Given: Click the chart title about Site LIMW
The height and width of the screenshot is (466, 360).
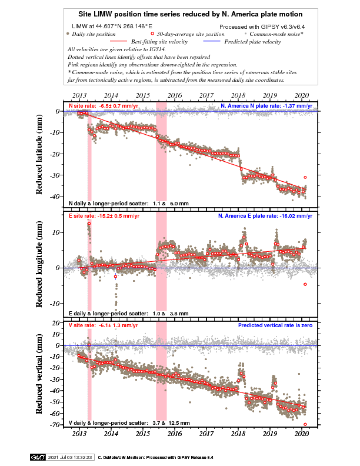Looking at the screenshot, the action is click(191, 14).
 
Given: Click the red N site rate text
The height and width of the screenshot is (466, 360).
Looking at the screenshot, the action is click(104, 106).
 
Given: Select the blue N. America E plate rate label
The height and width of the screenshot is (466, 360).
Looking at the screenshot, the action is click(265, 216).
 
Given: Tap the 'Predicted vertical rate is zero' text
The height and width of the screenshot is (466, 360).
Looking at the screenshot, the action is click(275, 325).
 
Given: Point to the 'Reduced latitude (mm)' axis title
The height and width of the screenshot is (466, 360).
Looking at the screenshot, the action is click(39, 154).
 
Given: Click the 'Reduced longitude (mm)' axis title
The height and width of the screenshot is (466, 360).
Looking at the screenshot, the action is click(39, 264).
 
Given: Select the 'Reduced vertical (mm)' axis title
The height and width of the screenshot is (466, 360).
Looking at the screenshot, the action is click(39, 374).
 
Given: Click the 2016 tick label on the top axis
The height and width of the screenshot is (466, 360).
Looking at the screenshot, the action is click(175, 95).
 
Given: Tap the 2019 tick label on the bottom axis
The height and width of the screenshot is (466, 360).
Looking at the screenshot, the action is click(269, 434).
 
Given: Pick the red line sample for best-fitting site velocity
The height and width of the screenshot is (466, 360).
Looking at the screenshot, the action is click(118, 41).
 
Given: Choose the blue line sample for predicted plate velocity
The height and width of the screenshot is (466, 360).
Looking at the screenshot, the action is click(212, 41).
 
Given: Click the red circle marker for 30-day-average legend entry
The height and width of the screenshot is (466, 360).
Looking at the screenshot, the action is click(152, 34).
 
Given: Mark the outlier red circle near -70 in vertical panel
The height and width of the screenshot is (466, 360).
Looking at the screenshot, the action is click(305, 424).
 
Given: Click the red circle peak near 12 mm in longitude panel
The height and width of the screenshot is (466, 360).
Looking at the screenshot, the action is click(89, 224).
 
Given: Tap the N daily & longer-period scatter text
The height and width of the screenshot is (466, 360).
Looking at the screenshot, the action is click(129, 204).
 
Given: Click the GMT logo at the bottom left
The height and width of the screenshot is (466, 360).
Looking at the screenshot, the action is click(38, 457).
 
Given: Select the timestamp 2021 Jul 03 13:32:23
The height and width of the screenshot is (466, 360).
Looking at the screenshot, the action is click(70, 457).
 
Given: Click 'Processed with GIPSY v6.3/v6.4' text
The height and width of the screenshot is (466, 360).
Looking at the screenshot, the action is click(262, 26).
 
